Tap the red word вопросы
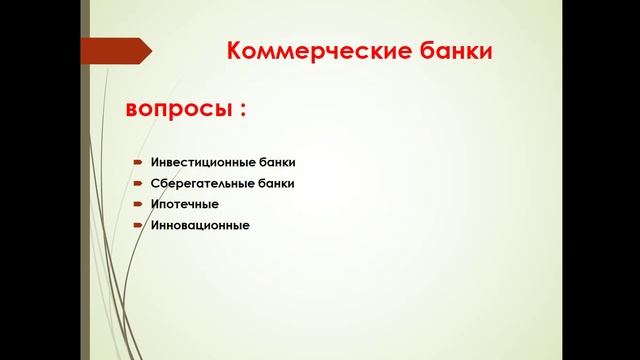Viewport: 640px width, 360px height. coord(176,110)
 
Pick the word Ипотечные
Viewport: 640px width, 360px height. coord(184,204)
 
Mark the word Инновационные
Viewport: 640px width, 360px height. coord(200,225)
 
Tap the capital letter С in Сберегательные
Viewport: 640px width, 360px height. coord(155,183)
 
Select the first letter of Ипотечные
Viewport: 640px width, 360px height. coord(155,204)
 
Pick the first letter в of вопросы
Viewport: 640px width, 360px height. coord(132,111)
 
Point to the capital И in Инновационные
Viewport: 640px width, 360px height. coord(155,225)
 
